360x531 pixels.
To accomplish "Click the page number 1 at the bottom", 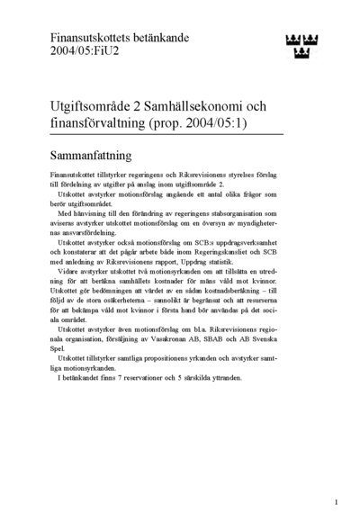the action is (336, 502).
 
